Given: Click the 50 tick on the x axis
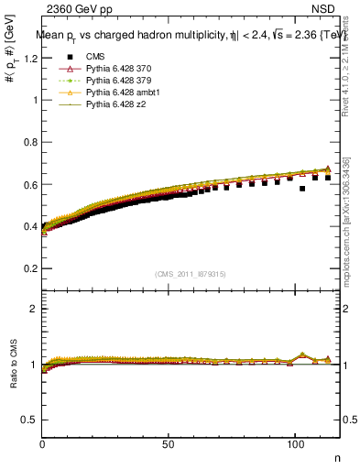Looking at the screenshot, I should tap(169, 443).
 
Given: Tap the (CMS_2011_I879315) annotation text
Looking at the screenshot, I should tap(191, 274).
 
